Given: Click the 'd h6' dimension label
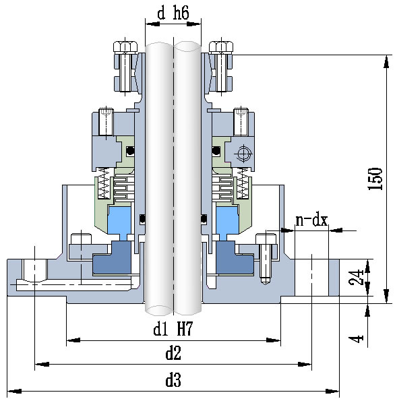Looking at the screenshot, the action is tap(173, 13).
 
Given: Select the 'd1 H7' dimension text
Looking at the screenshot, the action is tap(173, 329).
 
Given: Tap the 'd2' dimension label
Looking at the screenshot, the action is tap(173, 353).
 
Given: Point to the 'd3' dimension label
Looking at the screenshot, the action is tap(173, 380).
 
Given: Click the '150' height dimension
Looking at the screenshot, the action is tap(375, 179).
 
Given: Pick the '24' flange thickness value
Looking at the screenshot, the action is tap(357, 277).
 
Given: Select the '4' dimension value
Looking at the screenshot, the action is tap(357, 339).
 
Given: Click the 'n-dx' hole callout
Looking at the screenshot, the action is tap(311, 220).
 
